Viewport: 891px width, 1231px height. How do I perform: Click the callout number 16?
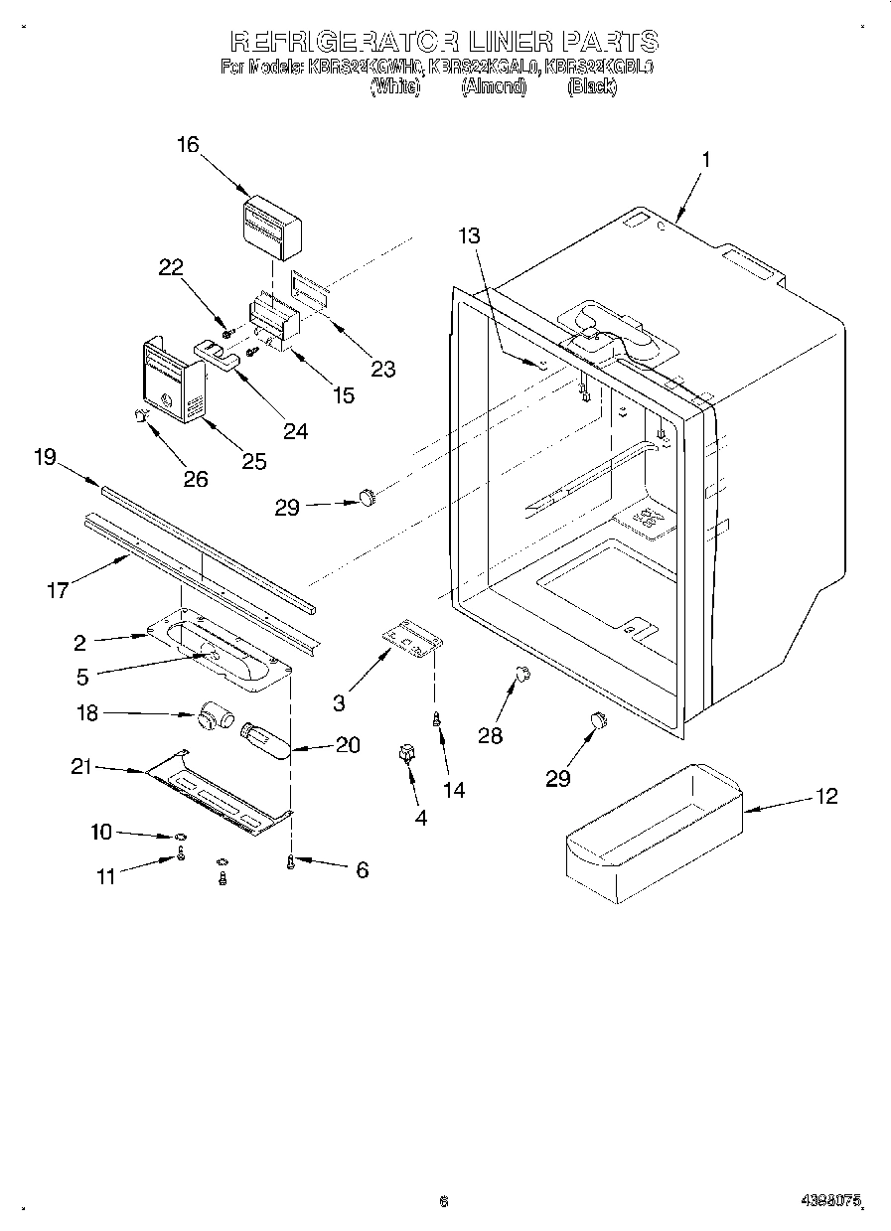(x=188, y=145)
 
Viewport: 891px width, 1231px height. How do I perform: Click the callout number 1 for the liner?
(x=705, y=159)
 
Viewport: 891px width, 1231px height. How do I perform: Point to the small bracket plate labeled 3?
(x=411, y=638)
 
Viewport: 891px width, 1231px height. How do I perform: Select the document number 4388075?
(x=829, y=1200)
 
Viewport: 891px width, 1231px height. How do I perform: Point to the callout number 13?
(x=469, y=235)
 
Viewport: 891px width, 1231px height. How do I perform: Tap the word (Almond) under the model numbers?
(x=493, y=87)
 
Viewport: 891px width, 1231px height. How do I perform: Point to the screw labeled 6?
(x=290, y=862)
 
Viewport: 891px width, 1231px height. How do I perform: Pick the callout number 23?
(x=382, y=369)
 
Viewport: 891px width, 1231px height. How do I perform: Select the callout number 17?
(x=57, y=590)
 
